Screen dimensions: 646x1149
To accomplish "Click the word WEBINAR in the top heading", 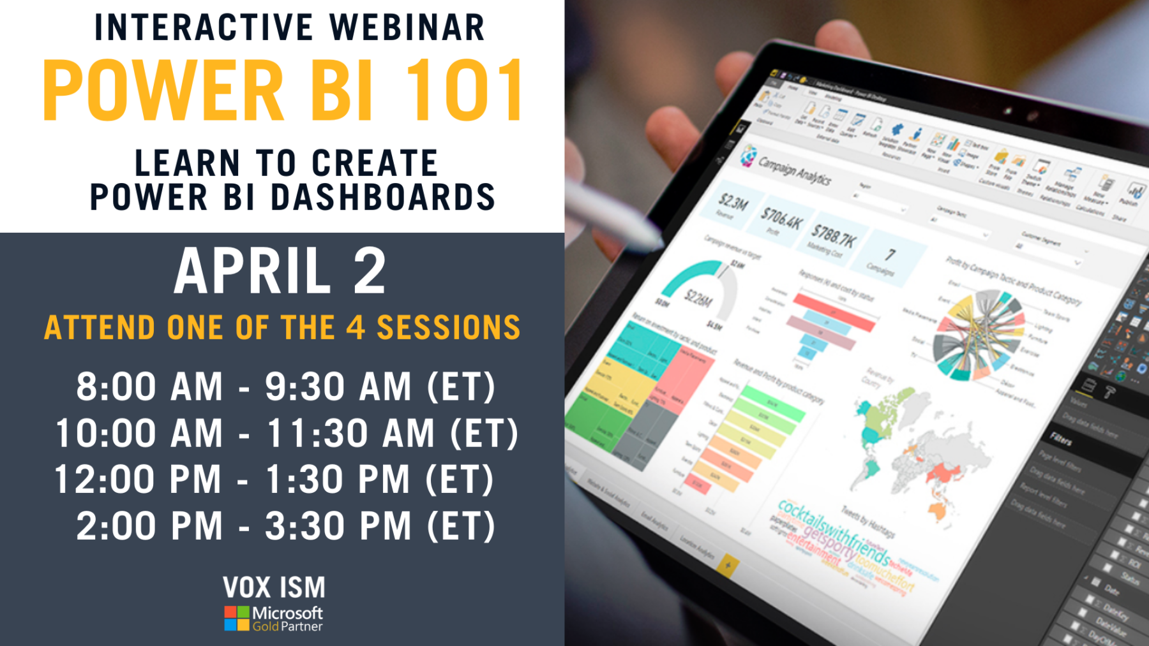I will pyautogui.click(x=407, y=28).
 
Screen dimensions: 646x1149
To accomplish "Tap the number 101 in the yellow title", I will pyautogui.click(x=465, y=91).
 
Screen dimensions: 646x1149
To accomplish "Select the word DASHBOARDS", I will pyautogui.click(x=383, y=197).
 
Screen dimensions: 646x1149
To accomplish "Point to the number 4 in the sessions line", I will pyautogui.click(x=355, y=328).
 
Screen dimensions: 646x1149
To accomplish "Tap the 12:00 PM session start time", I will pyautogui.click(x=137, y=480).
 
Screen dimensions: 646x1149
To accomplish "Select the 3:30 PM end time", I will pyautogui.click(x=339, y=527).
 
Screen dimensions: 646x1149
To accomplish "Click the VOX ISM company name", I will pyautogui.click(x=274, y=587).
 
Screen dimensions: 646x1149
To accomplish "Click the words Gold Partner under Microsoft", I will pyautogui.click(x=287, y=627).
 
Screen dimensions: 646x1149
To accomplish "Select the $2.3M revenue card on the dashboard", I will pyautogui.click(x=732, y=205).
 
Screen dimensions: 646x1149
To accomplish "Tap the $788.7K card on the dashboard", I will pyautogui.click(x=832, y=240).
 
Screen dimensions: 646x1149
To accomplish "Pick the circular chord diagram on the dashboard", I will pyautogui.click(x=977, y=335).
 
